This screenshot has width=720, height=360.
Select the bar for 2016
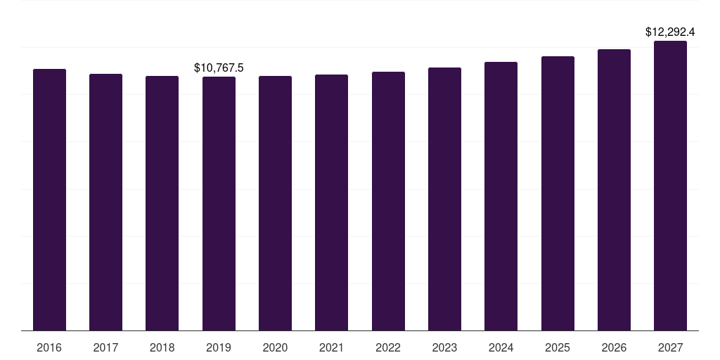[x=49, y=200]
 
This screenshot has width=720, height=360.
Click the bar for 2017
[x=105, y=202]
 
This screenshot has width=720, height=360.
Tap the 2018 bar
[x=162, y=203]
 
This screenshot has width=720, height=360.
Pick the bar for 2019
[x=219, y=203]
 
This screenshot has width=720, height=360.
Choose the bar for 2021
[x=331, y=202]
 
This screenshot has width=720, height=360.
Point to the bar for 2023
[x=444, y=199]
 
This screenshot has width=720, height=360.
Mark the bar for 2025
[x=558, y=193]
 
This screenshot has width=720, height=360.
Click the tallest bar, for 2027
[x=670, y=186]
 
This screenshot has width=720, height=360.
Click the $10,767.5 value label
[x=219, y=67]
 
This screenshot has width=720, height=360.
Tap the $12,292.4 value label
[x=670, y=32]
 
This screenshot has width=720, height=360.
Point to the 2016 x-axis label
[x=49, y=348]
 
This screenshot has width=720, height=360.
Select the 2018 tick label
[x=162, y=348]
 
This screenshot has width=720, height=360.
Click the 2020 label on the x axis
[x=275, y=348]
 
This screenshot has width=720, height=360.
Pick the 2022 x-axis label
[x=388, y=348]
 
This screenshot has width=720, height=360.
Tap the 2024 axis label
[x=501, y=348]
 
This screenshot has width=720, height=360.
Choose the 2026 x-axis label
[x=614, y=348]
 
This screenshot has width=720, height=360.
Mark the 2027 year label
[x=670, y=348]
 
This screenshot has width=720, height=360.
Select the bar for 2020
[x=275, y=203]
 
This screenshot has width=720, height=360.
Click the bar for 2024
[x=501, y=196]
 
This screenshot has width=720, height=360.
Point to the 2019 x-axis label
[x=219, y=348]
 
